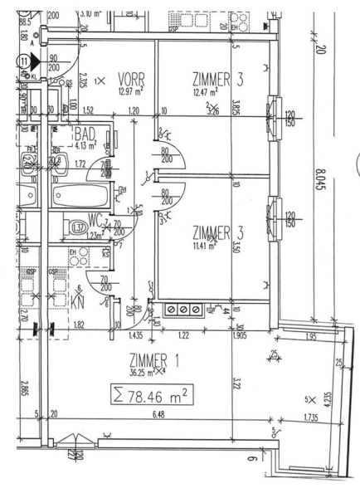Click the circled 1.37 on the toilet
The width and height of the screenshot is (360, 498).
tap(79, 227)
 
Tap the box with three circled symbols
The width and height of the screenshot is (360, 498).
tap(183, 309)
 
